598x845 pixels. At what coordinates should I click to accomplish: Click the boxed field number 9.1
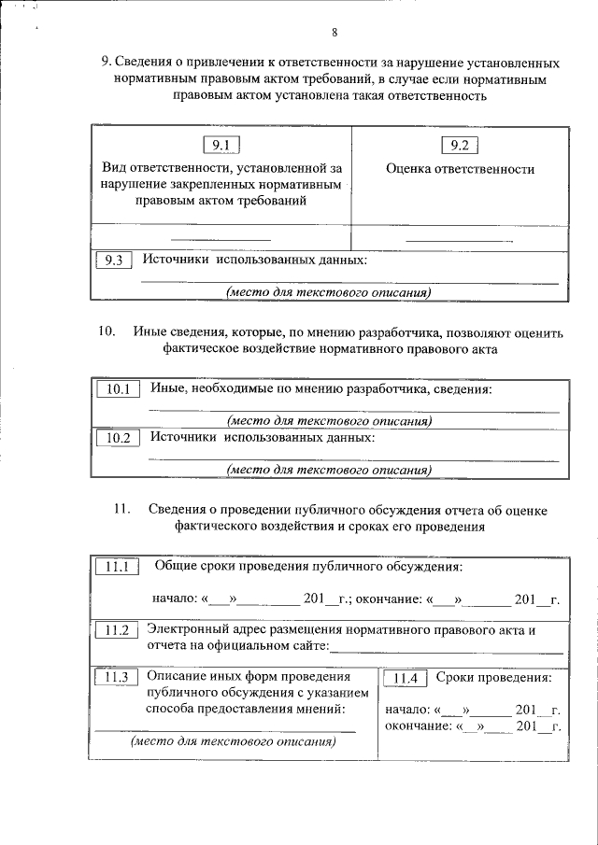221,145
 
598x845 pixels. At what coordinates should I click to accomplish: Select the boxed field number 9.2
459,145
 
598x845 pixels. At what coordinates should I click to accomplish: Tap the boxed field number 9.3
114,261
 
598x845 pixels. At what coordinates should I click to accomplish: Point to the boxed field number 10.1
118,389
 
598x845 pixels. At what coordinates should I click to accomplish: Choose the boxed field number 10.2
118,438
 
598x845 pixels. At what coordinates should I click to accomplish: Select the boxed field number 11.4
407,679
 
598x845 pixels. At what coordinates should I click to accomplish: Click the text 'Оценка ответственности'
460,169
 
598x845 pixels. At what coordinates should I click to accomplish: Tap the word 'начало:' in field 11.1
175,599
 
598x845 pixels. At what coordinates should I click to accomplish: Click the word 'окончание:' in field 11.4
415,725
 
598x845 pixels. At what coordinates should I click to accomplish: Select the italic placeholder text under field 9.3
327,292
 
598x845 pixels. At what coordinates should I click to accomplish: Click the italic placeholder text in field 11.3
232,742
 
